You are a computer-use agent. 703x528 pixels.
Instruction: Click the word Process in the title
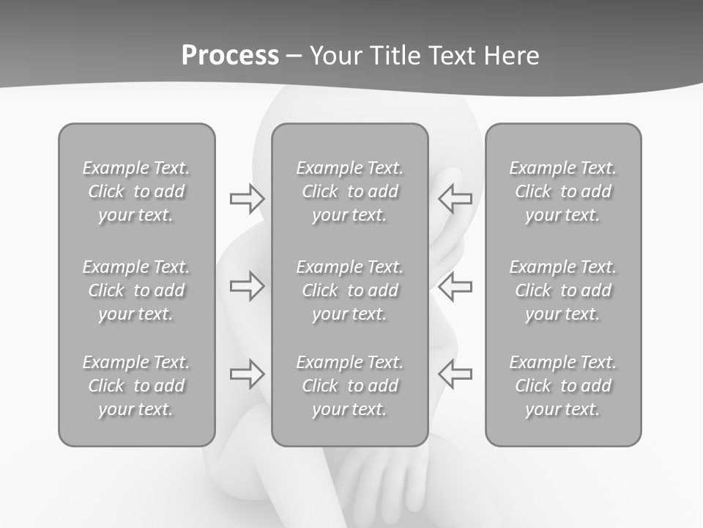[230, 56]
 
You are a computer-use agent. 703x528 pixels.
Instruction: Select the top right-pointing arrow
[247, 199]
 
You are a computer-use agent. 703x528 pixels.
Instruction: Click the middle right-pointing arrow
[247, 285]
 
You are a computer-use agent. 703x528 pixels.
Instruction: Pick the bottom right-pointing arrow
[247, 374]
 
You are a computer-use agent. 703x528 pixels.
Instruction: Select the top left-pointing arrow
[455, 199]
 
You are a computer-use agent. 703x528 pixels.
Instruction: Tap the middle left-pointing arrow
[455, 285]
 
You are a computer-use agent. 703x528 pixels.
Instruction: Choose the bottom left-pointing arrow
[455, 374]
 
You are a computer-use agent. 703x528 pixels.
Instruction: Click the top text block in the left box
[136, 191]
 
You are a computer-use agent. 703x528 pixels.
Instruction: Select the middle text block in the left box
[136, 290]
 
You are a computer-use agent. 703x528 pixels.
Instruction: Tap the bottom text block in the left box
[136, 386]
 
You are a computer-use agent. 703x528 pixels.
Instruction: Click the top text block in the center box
[350, 191]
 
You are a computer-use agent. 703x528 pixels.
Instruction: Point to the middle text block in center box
[350, 290]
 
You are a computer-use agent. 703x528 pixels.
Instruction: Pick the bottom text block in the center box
[350, 386]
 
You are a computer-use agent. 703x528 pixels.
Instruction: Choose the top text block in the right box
[563, 191]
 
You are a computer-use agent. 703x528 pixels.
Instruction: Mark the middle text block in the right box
[563, 290]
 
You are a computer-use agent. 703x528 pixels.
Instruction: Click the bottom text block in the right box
[563, 386]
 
